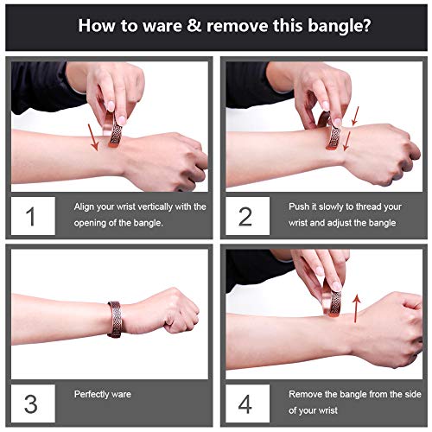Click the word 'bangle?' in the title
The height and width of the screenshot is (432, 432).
(340, 26)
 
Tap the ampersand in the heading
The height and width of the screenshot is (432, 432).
(194, 25)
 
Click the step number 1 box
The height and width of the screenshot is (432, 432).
(33, 216)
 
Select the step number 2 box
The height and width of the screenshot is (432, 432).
(248, 216)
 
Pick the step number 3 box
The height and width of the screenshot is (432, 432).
(33, 403)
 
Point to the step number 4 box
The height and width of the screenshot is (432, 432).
(248, 403)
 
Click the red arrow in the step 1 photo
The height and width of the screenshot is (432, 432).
(93, 137)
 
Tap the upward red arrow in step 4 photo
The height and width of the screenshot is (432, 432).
(357, 308)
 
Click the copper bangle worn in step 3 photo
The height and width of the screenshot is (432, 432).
(116, 319)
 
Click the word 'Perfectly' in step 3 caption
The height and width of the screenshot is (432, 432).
(91, 394)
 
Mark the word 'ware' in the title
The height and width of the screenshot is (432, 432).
(162, 26)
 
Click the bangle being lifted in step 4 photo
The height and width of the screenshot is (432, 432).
(331, 300)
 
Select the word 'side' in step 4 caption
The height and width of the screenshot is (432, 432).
(413, 394)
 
